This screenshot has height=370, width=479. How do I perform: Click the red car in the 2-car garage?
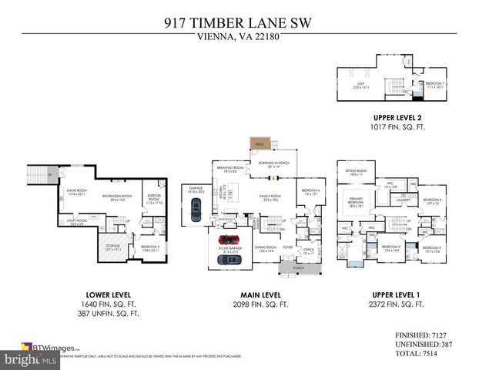(229, 240)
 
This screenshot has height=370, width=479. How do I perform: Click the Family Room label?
(270, 197)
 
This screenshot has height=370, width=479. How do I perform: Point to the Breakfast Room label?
(230, 169)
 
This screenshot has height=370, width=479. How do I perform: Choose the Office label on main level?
(309, 251)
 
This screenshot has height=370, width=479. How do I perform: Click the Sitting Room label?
(355, 173)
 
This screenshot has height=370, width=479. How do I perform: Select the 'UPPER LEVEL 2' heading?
(398, 117)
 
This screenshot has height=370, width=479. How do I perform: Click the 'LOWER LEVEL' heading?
(109, 294)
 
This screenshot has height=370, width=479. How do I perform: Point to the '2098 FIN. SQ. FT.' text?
(260, 304)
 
